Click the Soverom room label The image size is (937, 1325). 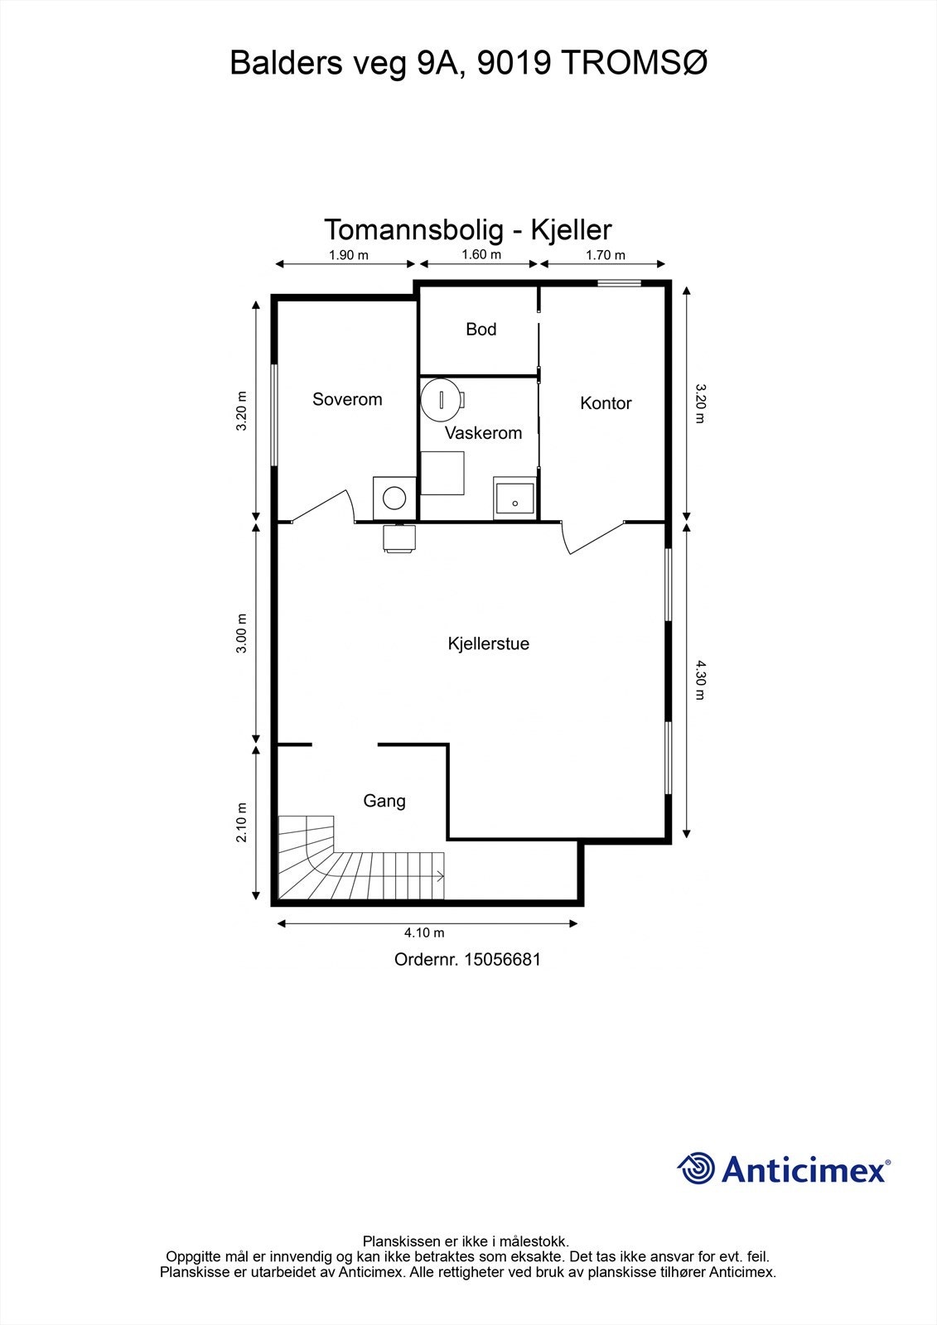coord(347,399)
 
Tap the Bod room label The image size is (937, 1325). coord(481,330)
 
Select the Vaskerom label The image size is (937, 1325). coord(483,433)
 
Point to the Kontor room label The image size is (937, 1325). coord(606,402)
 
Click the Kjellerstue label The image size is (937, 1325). coord(488,643)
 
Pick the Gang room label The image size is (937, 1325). coord(384,801)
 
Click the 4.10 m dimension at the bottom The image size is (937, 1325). coord(424,932)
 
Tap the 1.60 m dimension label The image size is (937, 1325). coord(481,254)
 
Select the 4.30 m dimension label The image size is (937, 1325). coord(699,681)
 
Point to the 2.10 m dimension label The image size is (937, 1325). coord(242,822)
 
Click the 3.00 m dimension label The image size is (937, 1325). coord(242,633)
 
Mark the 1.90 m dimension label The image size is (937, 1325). coord(349,255)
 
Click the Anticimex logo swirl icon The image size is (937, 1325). coord(696,1168)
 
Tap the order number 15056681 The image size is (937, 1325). coord(502,960)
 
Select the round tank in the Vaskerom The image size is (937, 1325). coord(439,399)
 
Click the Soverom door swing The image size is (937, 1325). coord(322,507)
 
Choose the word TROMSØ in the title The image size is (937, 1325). coord(633,63)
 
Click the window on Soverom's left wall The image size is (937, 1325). coord(275,415)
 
